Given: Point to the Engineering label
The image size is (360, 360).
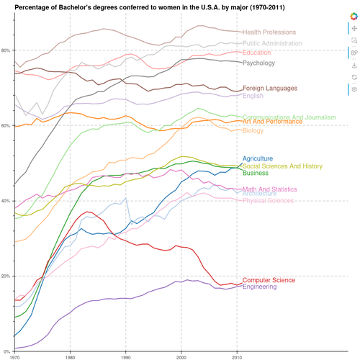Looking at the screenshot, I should (x=261, y=287).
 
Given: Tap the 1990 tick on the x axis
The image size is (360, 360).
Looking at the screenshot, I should (x=126, y=356).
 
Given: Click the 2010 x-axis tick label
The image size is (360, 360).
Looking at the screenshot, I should (x=238, y=356).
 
